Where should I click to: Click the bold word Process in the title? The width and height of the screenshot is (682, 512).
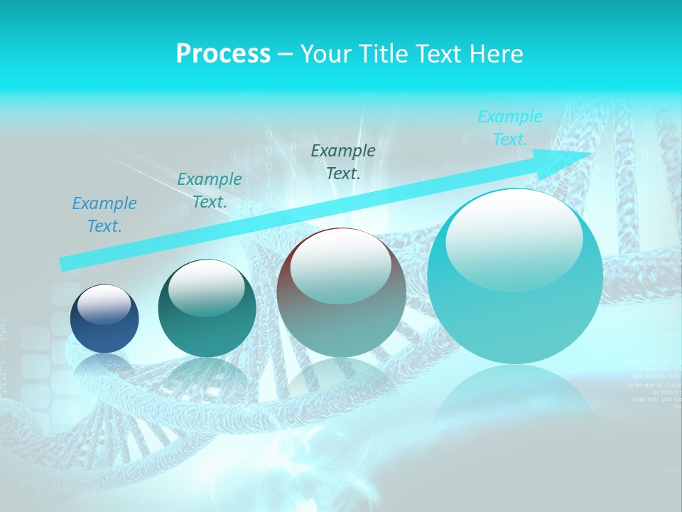[x=223, y=54]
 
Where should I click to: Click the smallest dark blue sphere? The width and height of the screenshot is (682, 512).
[x=104, y=319]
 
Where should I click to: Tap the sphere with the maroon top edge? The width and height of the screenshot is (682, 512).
[x=341, y=292]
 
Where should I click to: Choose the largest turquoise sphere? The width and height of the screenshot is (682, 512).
[x=515, y=276]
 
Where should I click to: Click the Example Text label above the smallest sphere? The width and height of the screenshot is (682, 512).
[x=104, y=215]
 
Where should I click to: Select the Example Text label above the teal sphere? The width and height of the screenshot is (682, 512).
[x=210, y=191]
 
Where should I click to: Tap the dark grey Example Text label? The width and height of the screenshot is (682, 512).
[x=343, y=161]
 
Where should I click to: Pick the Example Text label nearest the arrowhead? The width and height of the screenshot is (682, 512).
[x=510, y=128]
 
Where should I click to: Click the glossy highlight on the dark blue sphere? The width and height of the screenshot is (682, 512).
[x=104, y=304]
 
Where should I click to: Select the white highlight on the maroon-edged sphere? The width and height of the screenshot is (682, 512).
[x=340, y=265]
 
